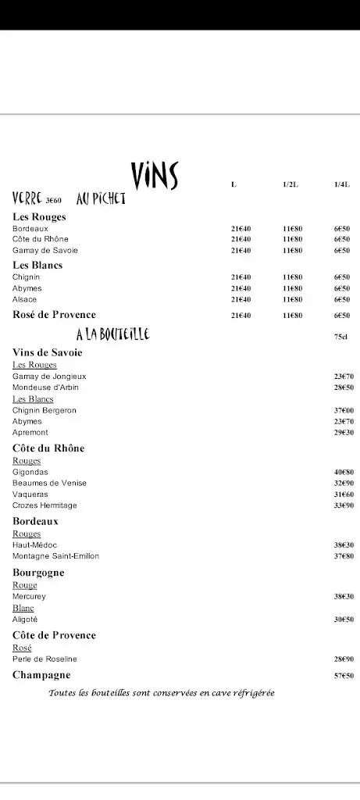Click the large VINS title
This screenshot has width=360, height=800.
(x=155, y=177)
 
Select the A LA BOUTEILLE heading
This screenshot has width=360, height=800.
(x=112, y=335)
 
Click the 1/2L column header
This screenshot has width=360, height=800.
(x=290, y=184)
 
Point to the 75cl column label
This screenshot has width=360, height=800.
(x=341, y=337)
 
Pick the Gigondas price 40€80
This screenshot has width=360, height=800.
(x=344, y=472)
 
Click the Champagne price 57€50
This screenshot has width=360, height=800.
(x=344, y=676)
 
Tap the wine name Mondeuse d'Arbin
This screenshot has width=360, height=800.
(x=45, y=387)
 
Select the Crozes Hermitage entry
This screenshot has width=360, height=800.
(x=45, y=505)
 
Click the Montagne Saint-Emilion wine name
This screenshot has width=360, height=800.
(x=55, y=556)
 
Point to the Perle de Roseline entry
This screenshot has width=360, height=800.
(x=45, y=659)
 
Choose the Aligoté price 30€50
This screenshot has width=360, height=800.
(x=344, y=620)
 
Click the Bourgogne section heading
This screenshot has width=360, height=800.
(x=38, y=573)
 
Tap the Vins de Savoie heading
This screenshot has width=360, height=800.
(x=47, y=352)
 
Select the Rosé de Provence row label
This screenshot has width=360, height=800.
(x=54, y=315)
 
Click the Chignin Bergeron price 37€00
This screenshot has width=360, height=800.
(x=344, y=410)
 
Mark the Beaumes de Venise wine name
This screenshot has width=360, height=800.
(x=49, y=483)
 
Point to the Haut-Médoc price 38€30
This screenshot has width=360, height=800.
(x=344, y=545)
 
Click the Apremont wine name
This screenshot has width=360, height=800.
(x=30, y=432)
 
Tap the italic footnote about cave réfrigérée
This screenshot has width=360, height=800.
(x=162, y=693)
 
